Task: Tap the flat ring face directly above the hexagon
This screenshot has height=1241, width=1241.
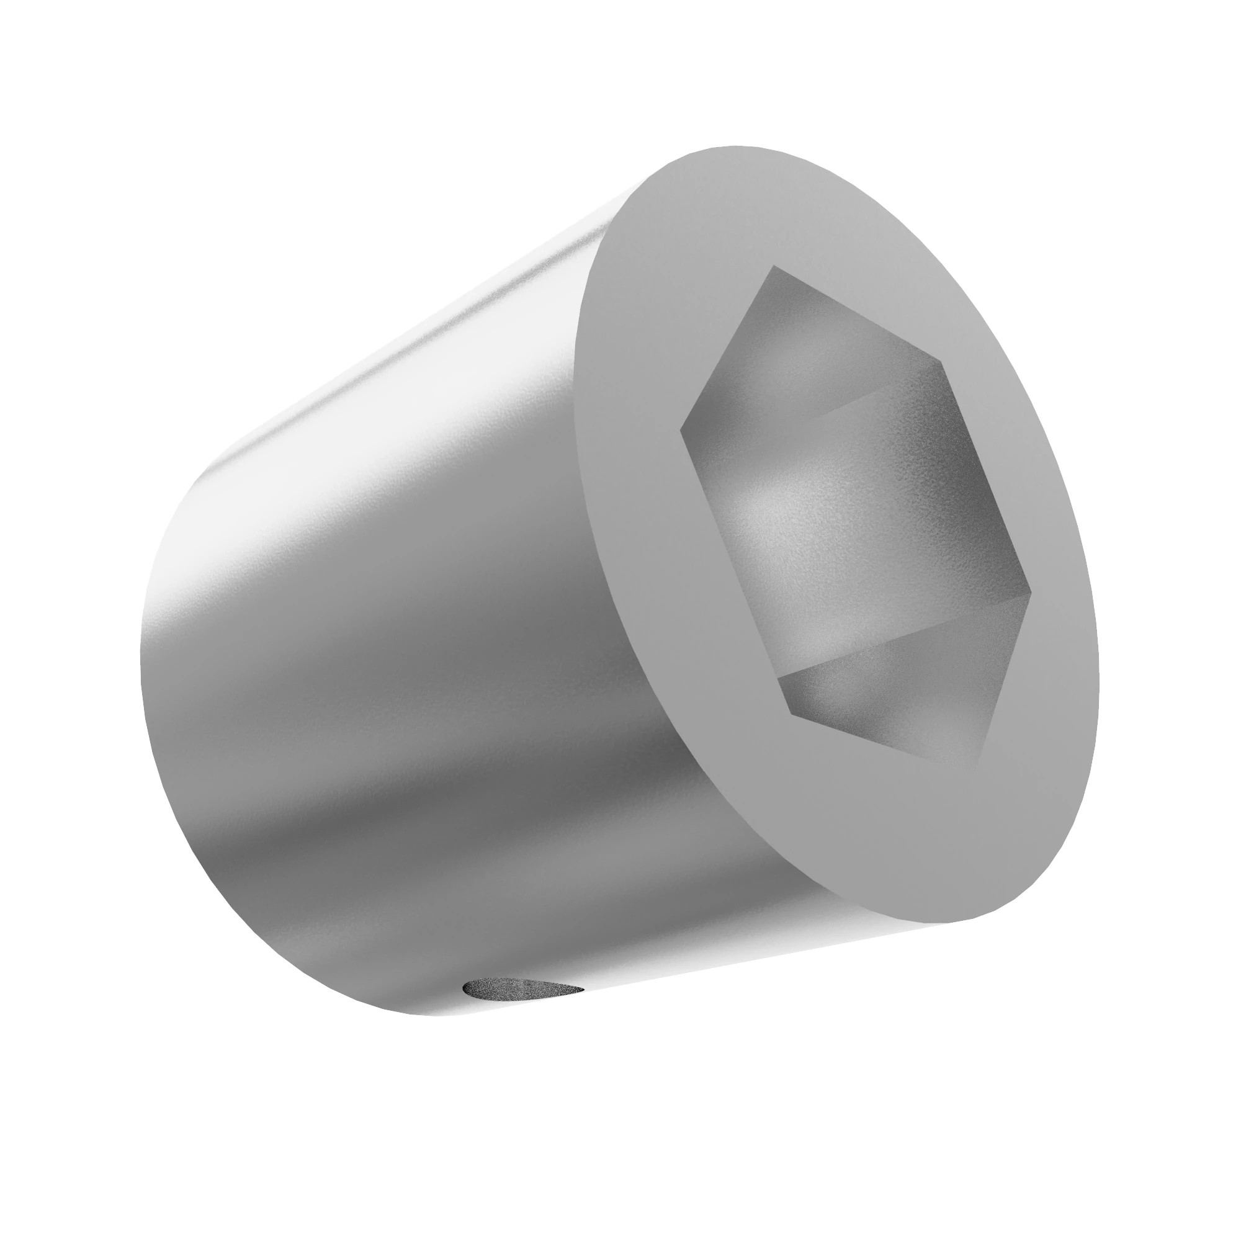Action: click(771, 205)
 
